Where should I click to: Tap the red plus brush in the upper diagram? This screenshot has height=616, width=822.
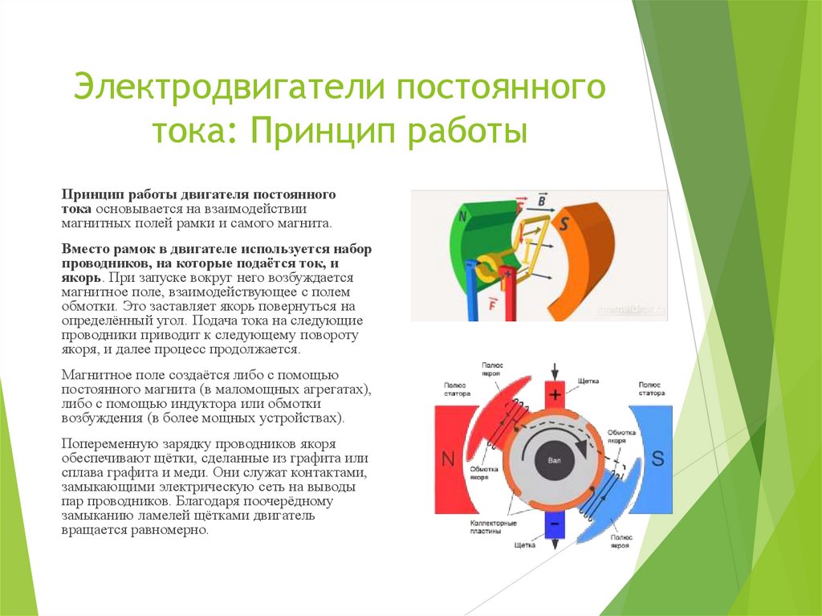point(507,294)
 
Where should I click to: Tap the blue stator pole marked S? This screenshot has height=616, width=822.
point(656,458)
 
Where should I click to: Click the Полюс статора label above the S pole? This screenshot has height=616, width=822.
point(651,389)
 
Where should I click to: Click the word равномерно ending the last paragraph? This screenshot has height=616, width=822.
point(171,531)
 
